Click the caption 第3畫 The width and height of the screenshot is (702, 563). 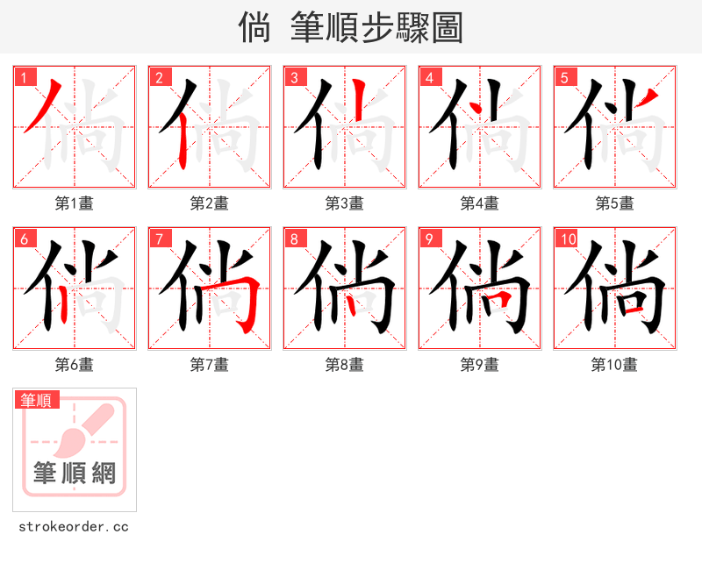344,203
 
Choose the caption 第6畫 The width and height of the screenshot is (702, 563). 74,365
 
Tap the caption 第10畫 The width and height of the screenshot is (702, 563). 614,365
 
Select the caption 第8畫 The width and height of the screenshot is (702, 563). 344,365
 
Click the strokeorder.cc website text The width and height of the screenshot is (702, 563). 74,527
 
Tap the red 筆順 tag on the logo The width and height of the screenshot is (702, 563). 38,401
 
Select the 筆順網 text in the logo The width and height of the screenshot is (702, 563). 75,474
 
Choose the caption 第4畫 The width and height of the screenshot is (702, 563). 479,203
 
